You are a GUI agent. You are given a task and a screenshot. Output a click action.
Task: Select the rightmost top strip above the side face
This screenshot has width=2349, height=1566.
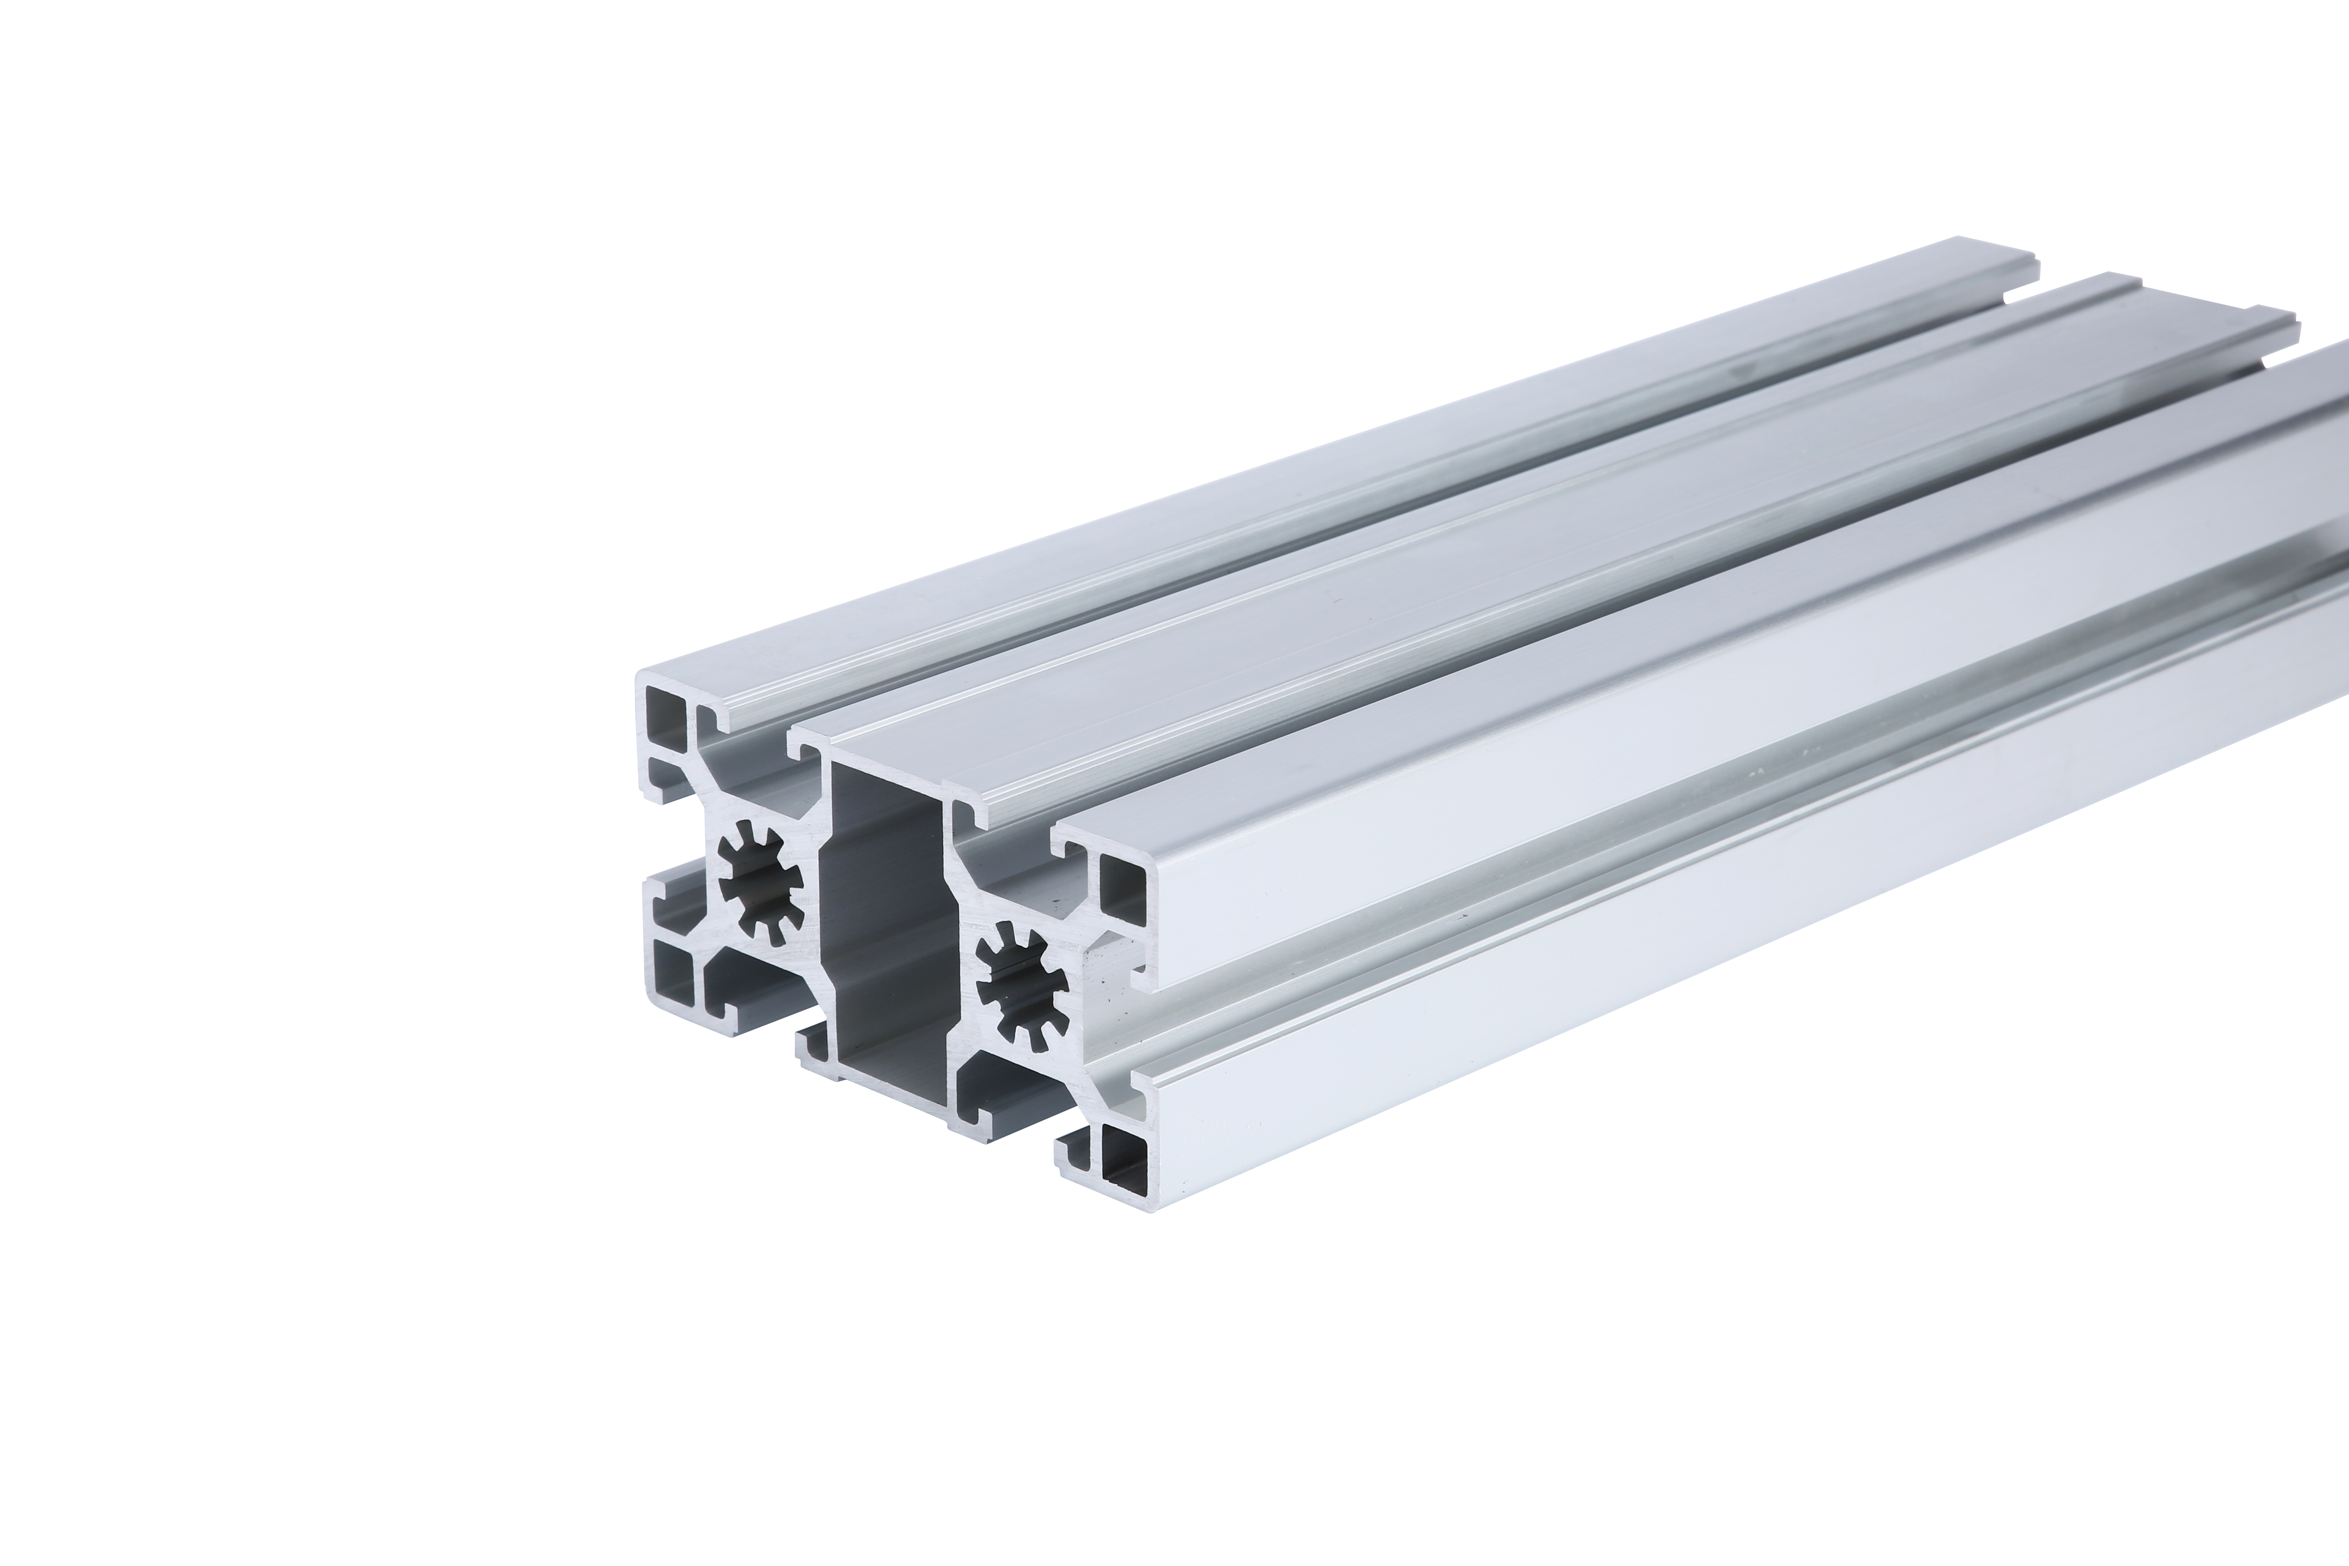1698,619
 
